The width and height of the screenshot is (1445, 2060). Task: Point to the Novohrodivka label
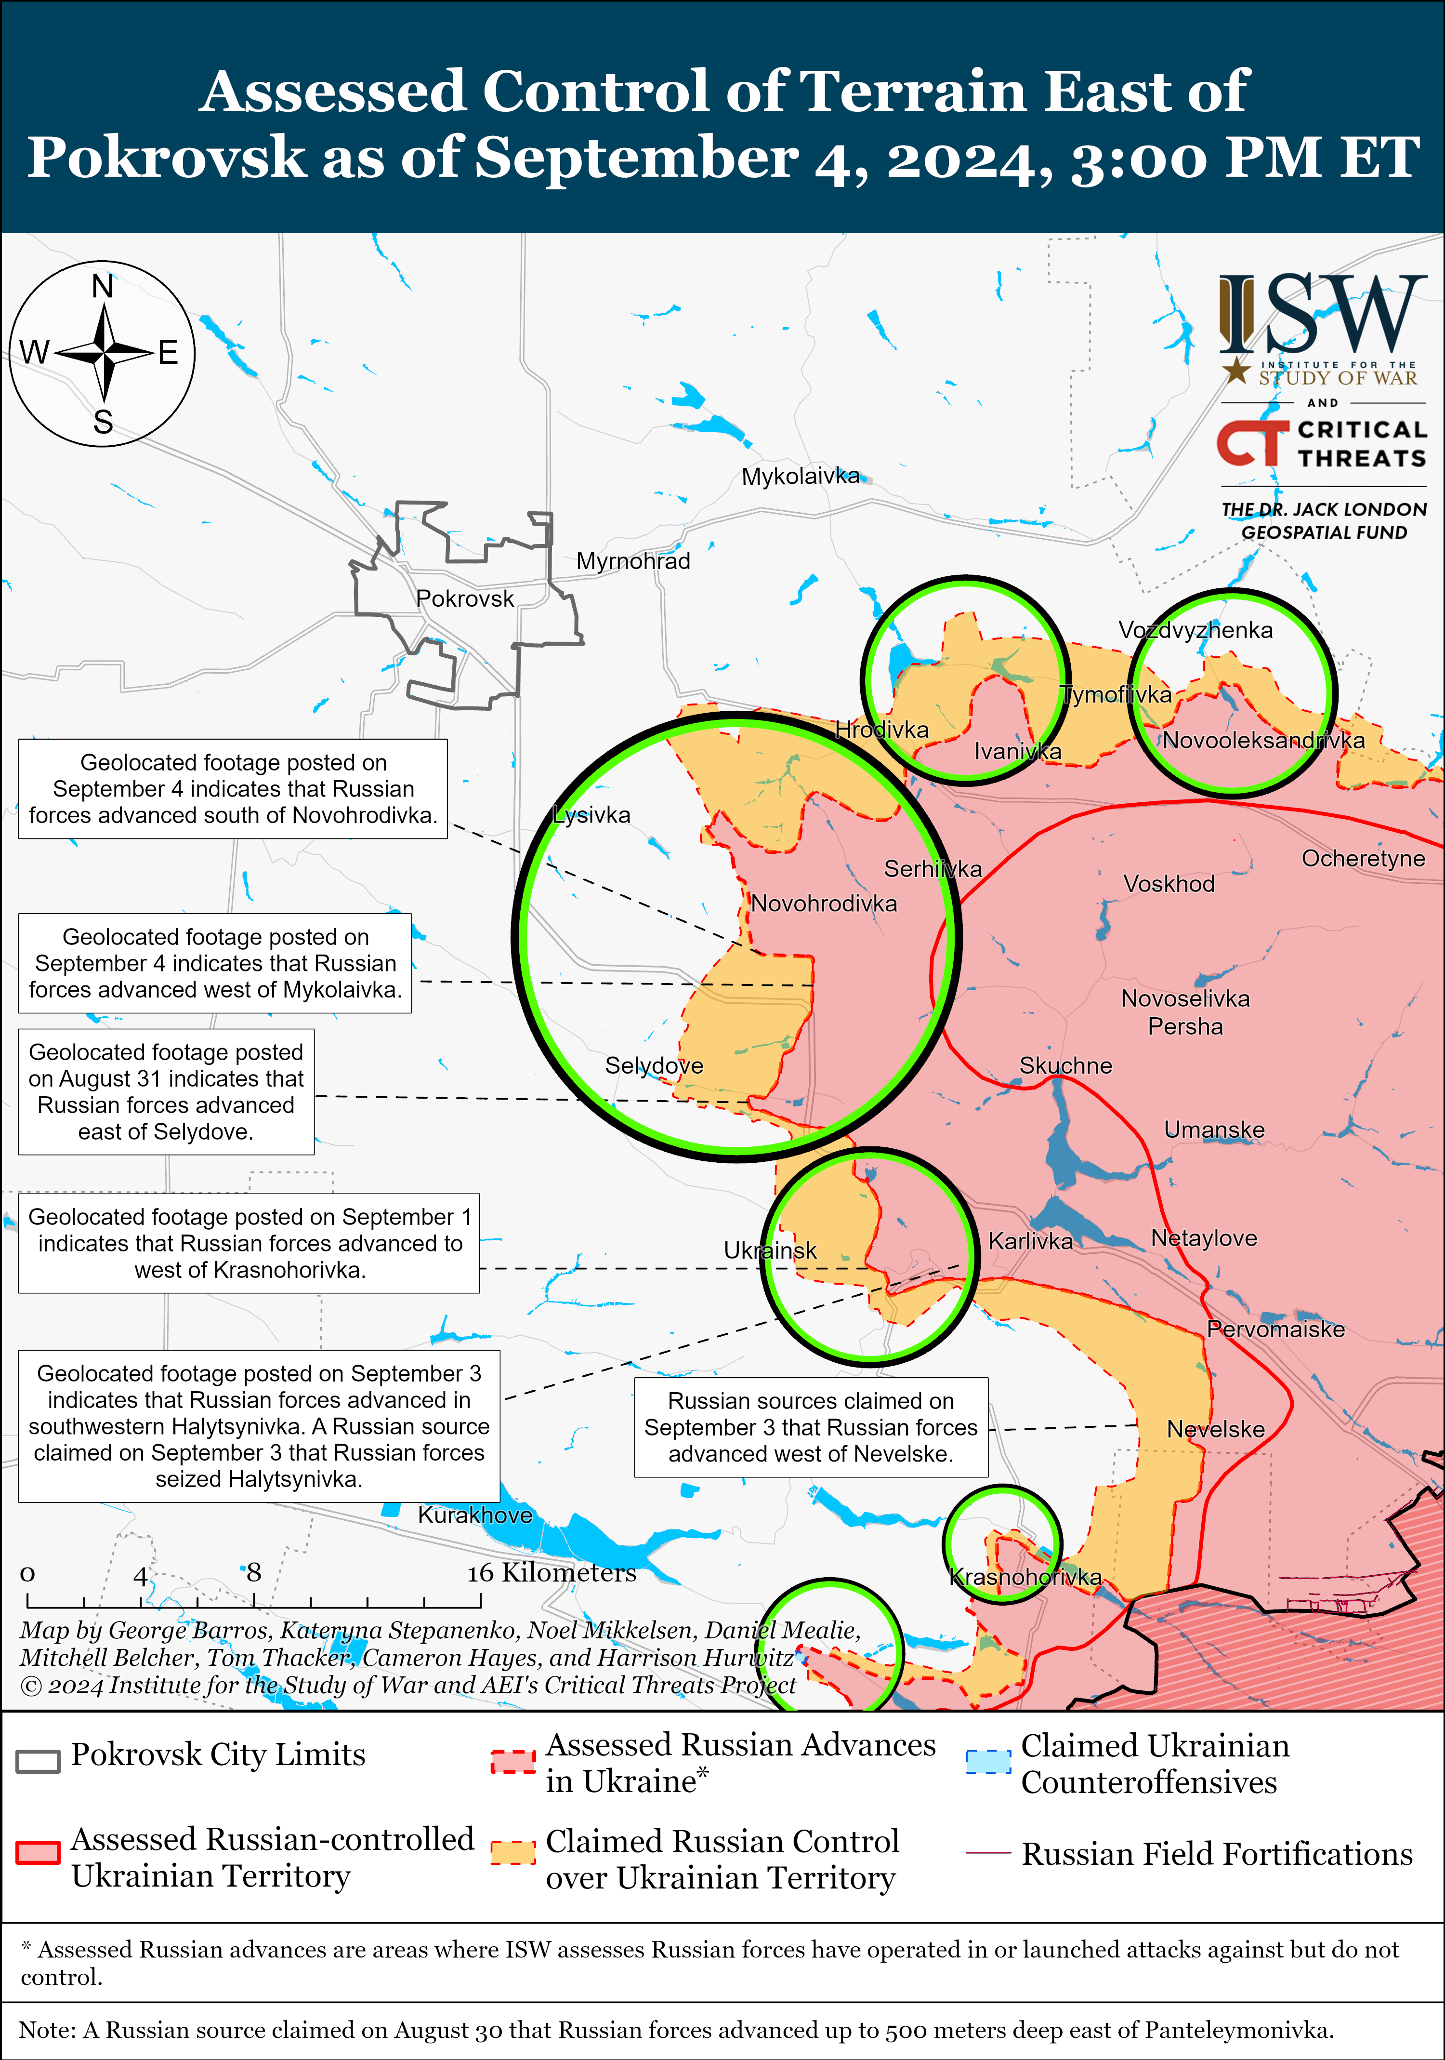coord(823,904)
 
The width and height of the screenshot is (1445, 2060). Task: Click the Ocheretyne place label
coord(1363,859)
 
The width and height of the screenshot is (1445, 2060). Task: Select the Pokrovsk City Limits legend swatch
coord(38,1761)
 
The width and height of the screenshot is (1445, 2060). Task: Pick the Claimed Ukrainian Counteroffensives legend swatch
coord(987,1761)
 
